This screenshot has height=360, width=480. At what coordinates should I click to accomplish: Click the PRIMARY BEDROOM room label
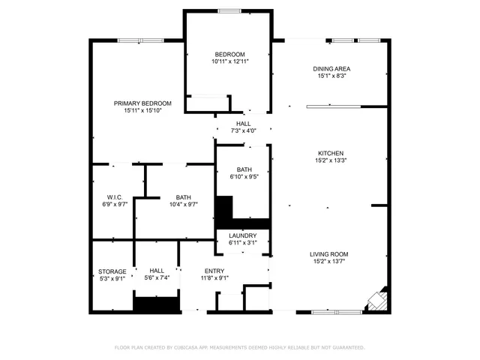click(142, 103)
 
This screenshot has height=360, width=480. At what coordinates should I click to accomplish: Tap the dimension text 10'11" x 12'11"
click(229, 61)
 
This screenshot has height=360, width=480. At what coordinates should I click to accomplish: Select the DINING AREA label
click(331, 68)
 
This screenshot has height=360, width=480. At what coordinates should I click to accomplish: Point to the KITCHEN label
click(330, 152)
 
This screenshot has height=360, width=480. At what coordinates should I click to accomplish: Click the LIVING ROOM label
click(330, 254)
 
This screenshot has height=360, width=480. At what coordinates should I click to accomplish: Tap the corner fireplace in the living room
click(376, 299)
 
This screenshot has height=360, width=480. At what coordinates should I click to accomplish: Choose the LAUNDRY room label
click(243, 235)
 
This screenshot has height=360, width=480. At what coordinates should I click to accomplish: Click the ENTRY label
click(214, 271)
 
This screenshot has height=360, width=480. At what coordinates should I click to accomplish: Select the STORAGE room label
click(112, 271)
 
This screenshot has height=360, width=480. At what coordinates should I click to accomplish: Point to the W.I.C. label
click(115, 197)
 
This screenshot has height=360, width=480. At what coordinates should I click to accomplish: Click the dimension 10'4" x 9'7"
click(184, 204)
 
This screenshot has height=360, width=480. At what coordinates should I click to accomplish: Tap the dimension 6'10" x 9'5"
click(244, 177)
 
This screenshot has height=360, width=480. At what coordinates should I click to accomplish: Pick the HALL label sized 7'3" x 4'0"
click(244, 124)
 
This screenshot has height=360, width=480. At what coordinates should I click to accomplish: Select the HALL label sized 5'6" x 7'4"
click(157, 271)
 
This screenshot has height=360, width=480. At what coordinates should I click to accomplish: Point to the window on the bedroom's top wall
click(229, 10)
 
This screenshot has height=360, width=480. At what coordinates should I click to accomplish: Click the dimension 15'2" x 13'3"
click(330, 160)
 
